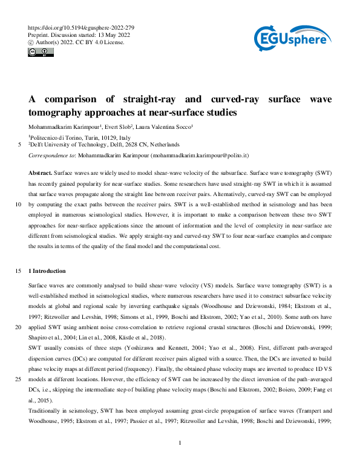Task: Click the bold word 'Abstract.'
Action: [40, 174]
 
